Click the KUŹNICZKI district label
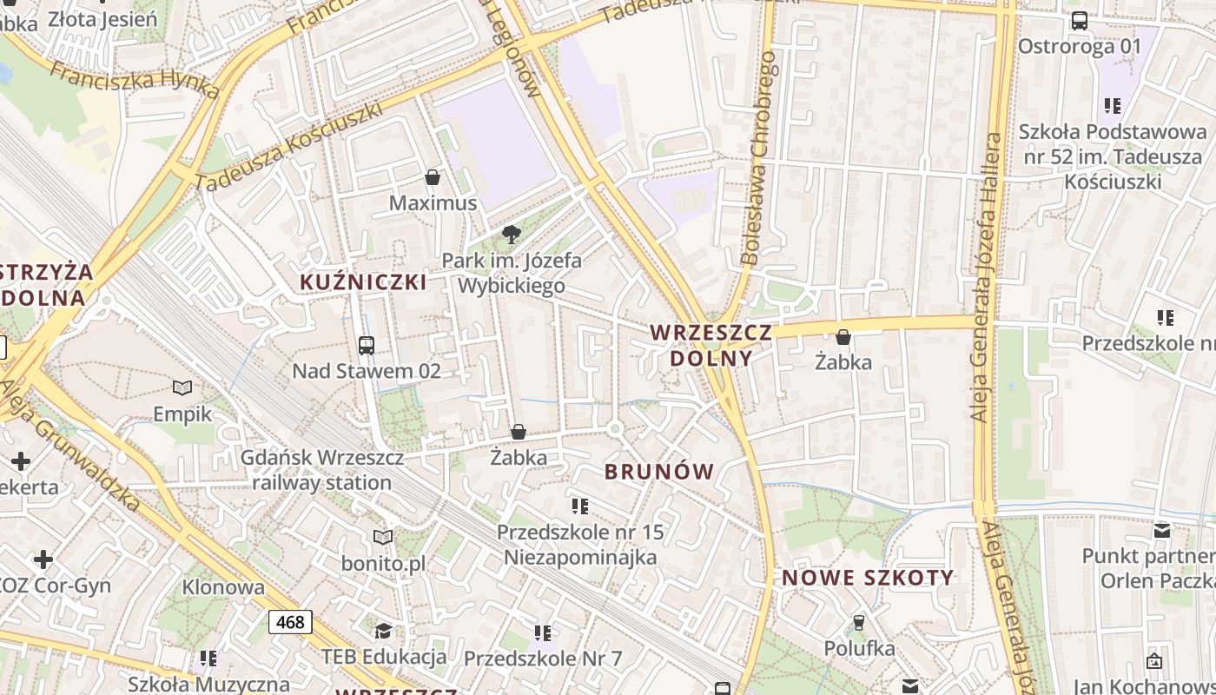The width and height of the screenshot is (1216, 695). click(363, 281)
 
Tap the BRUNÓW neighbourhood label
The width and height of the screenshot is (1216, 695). click(659, 472)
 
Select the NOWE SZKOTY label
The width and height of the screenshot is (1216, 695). click(868, 578)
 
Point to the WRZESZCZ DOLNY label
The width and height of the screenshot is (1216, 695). click(710, 345)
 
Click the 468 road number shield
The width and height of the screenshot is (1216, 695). click(290, 622)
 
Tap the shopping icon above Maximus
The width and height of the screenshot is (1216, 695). click(433, 178)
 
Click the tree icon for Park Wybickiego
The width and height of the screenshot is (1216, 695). click(512, 234)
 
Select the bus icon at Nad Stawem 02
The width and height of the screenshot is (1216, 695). click(367, 345)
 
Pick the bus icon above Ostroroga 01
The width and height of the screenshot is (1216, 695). click(1080, 21)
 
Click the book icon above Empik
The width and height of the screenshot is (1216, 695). click(182, 387)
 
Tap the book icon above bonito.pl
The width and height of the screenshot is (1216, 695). click(383, 538)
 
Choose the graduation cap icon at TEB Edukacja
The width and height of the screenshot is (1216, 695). click(383, 630)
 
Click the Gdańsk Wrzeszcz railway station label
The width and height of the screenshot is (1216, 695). click(321, 470)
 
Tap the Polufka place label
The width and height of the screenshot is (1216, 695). click(859, 648)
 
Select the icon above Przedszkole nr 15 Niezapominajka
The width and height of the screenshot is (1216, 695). click(580, 505)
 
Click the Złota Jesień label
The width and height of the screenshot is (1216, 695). click(102, 18)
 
